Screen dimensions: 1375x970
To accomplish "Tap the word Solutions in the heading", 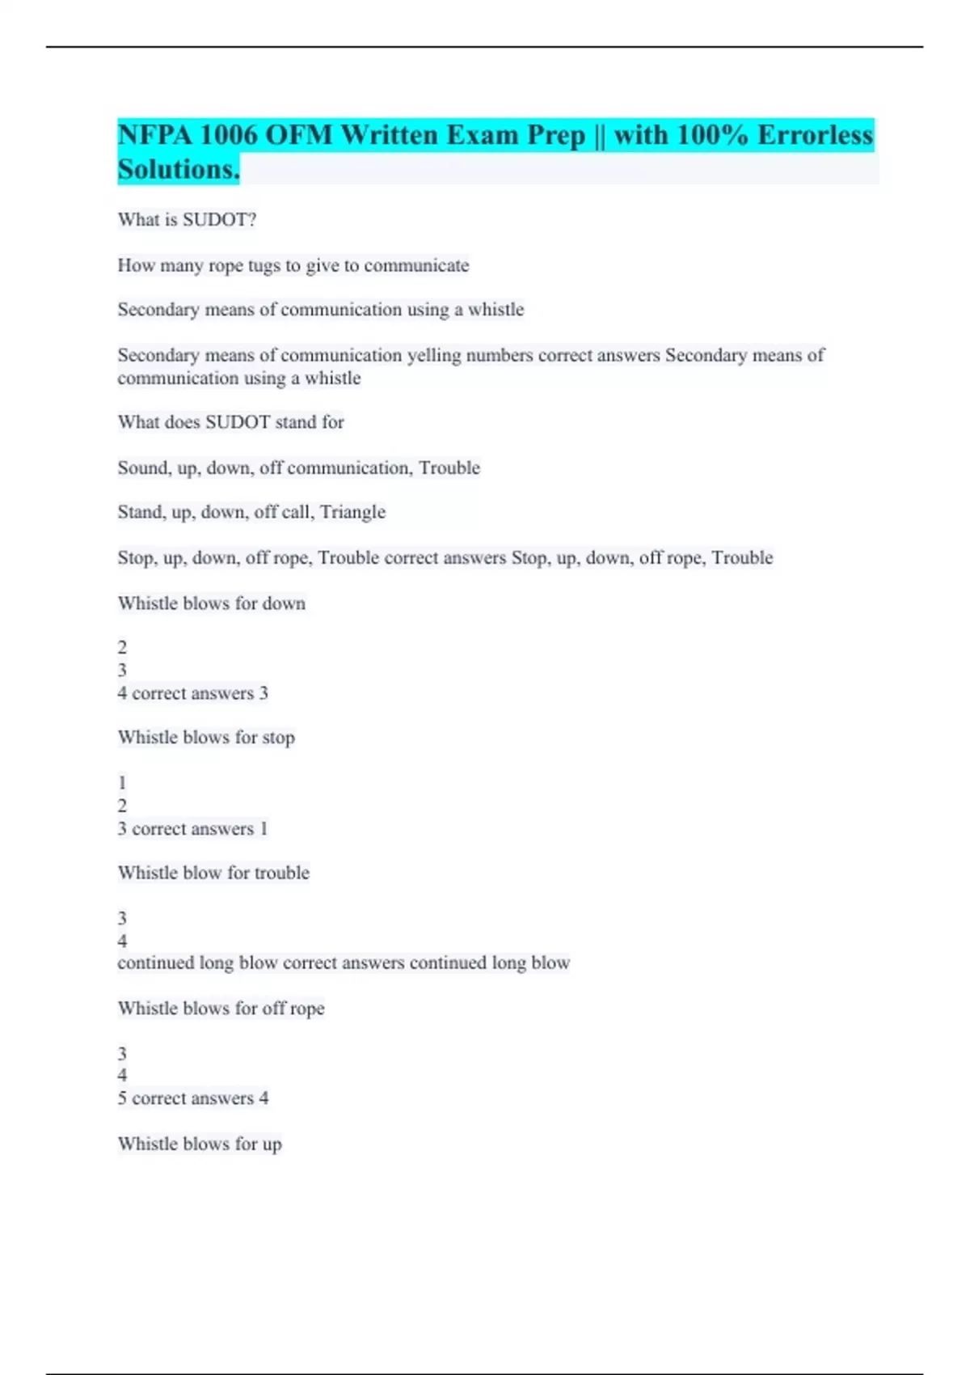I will tap(178, 170).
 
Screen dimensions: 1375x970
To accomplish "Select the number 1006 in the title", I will tap(227, 135).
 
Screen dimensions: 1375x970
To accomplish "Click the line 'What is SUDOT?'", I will tap(187, 220).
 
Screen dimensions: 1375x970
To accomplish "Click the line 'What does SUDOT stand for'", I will tap(230, 422).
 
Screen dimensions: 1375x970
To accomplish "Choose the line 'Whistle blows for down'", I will tap(211, 603).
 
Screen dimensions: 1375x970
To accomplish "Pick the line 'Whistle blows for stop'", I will tap(206, 738).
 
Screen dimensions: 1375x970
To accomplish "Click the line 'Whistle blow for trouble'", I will tap(213, 873).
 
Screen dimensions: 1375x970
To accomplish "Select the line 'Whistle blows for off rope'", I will tap(221, 1009).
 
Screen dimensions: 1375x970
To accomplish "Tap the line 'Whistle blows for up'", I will tap(200, 1144).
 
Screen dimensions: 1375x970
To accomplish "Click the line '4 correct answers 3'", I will tap(192, 693).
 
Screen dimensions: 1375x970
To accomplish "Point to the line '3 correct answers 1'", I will tap(192, 829).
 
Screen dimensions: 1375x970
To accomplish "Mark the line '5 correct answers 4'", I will tap(192, 1098).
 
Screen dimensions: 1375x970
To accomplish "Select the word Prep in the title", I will tap(556, 135).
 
